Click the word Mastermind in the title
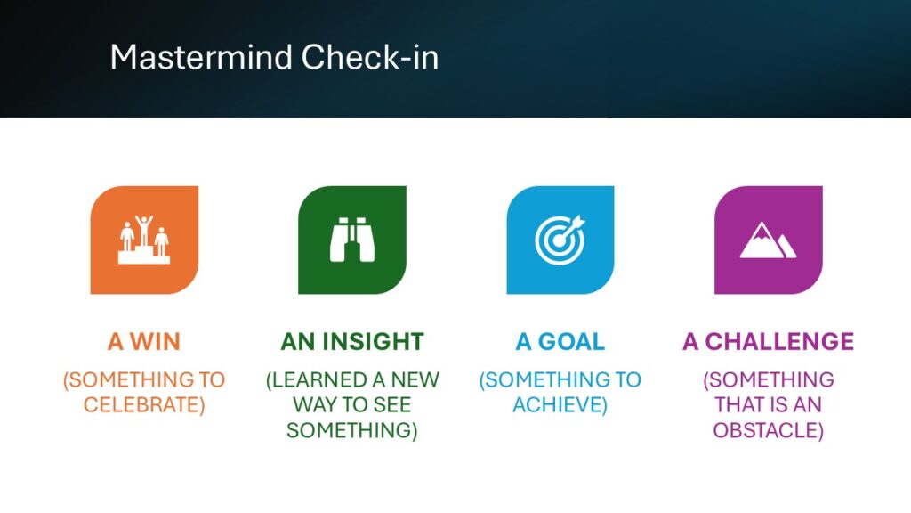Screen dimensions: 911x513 coord(201,58)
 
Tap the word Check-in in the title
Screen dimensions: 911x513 coord(370,58)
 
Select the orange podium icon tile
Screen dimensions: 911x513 coord(144,240)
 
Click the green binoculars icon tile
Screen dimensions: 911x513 coord(352,240)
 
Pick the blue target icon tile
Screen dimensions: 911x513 coord(560,240)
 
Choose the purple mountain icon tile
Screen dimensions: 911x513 coord(768,240)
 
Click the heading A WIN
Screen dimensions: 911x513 coord(144,341)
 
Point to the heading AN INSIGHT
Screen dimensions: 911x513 coord(352,341)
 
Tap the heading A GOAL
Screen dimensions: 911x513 coord(560,341)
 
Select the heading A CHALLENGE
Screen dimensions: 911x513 coord(768,341)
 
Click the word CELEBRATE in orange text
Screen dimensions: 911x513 coord(141,405)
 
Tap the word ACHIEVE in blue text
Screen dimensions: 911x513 coord(557,405)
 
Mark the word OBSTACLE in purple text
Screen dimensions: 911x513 coord(765,430)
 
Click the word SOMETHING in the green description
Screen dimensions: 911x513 coord(349,430)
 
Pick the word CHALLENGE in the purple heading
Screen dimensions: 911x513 coord(779,341)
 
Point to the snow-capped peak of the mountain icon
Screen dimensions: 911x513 coord(760,231)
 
